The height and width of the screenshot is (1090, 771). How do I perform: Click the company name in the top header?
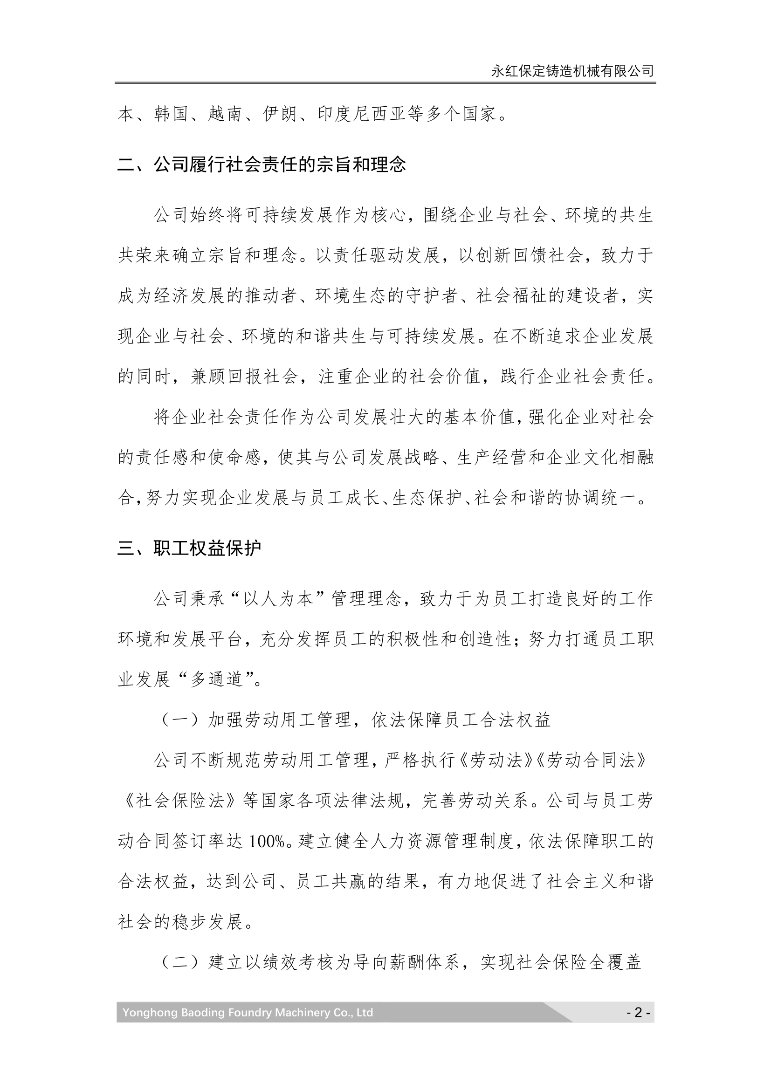point(572,71)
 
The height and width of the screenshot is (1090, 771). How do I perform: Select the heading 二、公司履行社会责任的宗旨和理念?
point(262,164)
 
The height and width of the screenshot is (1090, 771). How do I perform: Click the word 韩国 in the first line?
point(172,114)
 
